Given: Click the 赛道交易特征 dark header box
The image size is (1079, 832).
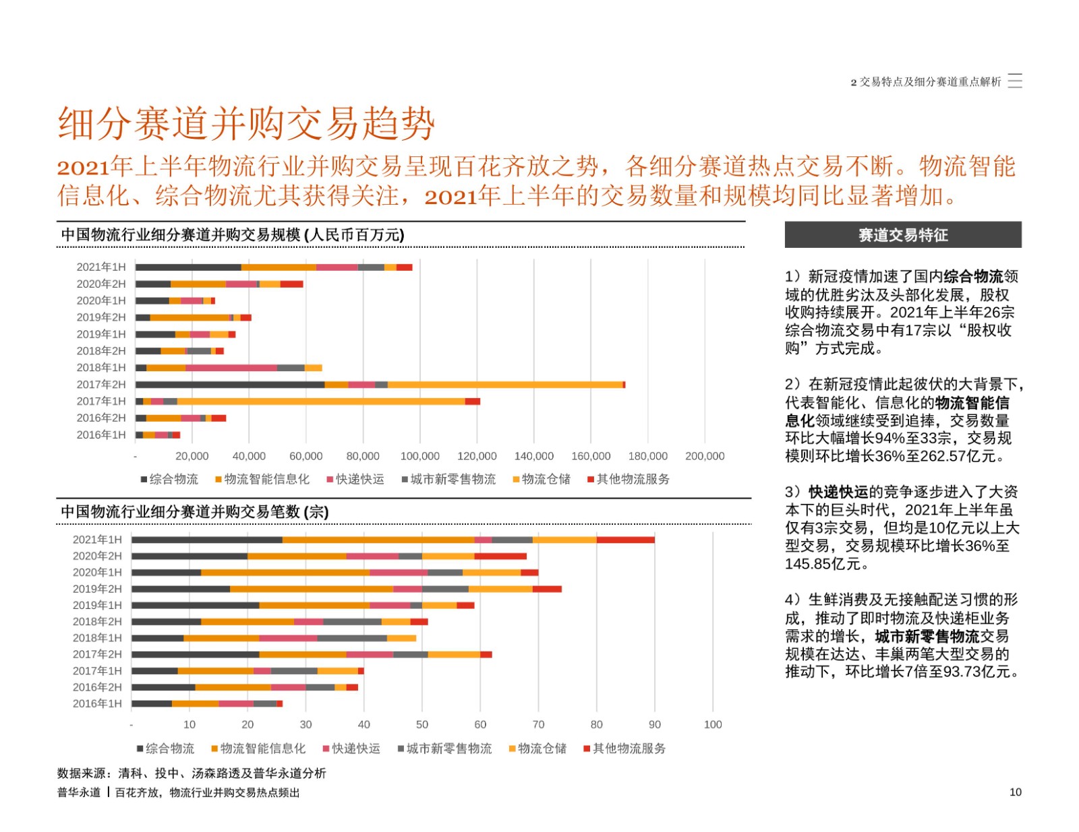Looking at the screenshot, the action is click(x=903, y=234).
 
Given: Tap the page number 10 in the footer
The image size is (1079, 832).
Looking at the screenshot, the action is click(x=1016, y=792).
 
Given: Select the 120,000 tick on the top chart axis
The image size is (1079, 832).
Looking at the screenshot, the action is click(x=477, y=456).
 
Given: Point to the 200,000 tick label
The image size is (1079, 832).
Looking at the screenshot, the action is click(x=705, y=456).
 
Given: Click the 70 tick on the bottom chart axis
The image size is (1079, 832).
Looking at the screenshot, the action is click(x=538, y=724).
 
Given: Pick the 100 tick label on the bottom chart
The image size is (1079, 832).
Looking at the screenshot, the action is click(x=713, y=724).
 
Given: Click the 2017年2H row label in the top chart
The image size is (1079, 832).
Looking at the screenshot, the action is click(x=101, y=384).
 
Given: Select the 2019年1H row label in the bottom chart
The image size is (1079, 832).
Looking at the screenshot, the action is click(x=97, y=605).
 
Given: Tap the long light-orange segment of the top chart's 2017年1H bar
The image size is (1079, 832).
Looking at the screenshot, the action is click(x=321, y=401).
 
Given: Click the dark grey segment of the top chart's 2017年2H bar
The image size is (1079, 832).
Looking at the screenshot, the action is click(x=230, y=384).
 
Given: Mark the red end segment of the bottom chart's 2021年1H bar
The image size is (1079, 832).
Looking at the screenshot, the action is click(x=626, y=540).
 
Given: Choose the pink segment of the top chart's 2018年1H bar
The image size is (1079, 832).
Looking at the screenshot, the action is click(x=231, y=367).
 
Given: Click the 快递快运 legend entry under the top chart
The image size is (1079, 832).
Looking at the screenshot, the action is click(x=355, y=479).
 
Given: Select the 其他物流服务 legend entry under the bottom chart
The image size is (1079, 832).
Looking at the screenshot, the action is click(x=624, y=748).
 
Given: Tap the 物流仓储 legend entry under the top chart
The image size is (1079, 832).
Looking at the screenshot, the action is click(x=542, y=479).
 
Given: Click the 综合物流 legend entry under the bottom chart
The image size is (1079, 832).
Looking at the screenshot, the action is click(x=165, y=748).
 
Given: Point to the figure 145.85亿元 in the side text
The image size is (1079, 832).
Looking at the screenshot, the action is click(x=823, y=564).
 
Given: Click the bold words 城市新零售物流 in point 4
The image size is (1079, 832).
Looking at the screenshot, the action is click(x=927, y=636).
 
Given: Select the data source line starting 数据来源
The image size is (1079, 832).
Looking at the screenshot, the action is click(x=192, y=773).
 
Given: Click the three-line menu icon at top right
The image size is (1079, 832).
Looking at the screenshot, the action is click(x=1014, y=81).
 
